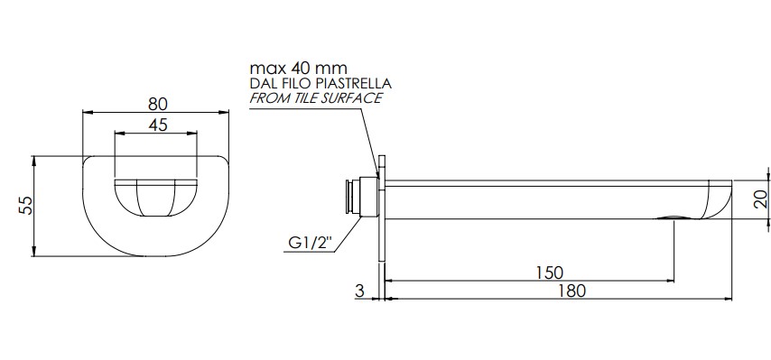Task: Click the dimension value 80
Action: coord(158,104)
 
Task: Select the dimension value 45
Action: coord(157,125)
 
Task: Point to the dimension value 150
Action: coord(549,272)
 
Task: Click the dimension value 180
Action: coord(571,291)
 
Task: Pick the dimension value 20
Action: coord(760,199)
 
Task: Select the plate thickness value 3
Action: coord(359,291)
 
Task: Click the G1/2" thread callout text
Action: coord(311,243)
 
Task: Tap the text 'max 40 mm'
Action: coord(299,68)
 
